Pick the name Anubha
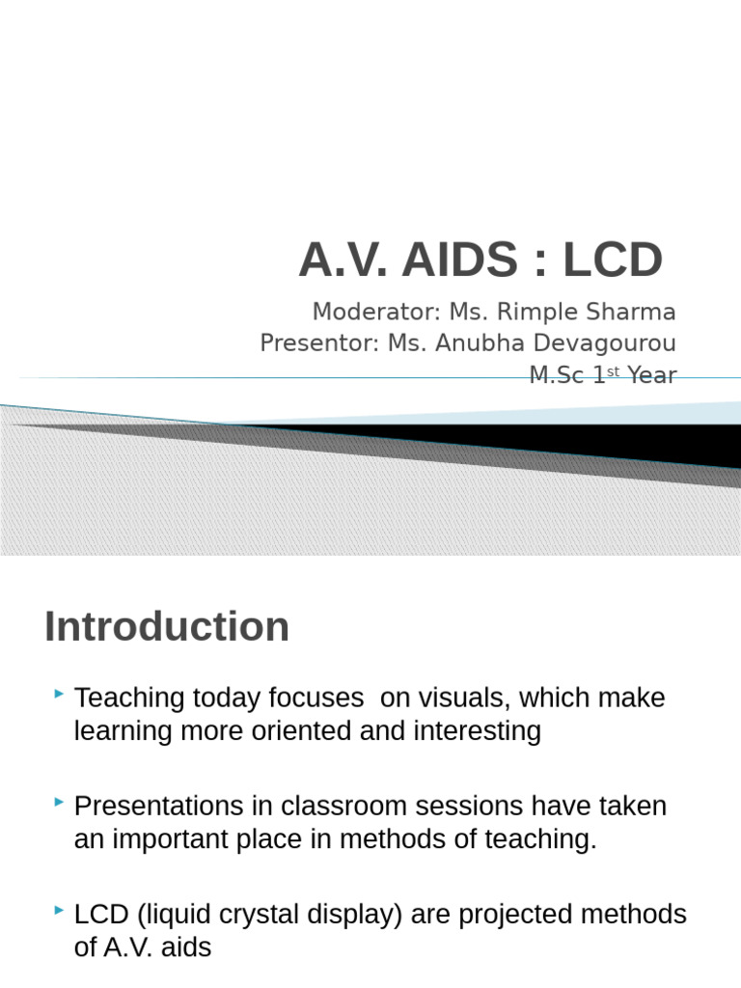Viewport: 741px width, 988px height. click(x=480, y=343)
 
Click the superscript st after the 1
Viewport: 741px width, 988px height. click(x=614, y=371)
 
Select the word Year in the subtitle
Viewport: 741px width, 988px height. click(x=652, y=375)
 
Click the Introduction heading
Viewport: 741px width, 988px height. click(x=167, y=626)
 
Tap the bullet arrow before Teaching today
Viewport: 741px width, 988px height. click(x=60, y=694)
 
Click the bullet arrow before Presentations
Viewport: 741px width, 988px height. click(x=60, y=802)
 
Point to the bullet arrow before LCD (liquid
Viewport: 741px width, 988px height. click(x=60, y=910)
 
